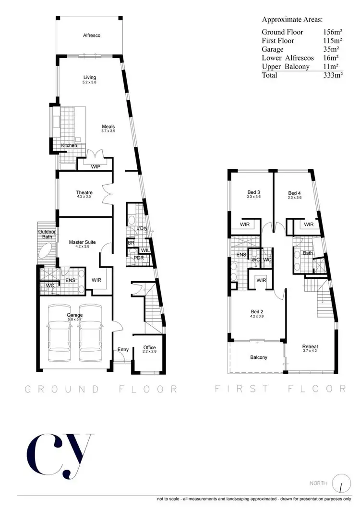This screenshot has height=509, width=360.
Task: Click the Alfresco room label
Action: [x=91, y=36]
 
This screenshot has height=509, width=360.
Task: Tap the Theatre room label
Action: [x=84, y=193]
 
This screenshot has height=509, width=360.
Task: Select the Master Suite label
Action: [x=82, y=242]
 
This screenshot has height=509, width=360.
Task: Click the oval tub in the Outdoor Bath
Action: [x=47, y=251]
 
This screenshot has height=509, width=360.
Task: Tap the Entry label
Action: [x=123, y=349]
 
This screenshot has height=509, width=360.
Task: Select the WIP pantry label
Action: [x=96, y=166]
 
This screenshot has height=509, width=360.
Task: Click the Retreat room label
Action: [x=310, y=347]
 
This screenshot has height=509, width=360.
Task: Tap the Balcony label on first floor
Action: [x=259, y=357]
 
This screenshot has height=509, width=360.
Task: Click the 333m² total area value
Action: [x=333, y=75]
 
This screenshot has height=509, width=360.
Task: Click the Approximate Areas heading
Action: [x=292, y=20]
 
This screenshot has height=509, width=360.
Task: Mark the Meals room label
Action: [x=108, y=127]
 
